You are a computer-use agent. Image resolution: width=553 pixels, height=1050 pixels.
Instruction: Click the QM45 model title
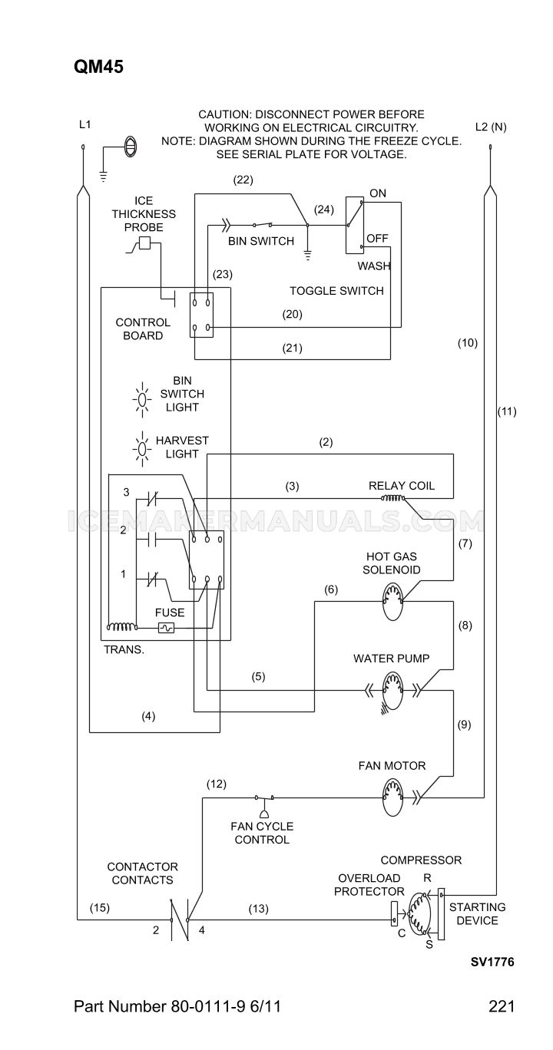click(98, 67)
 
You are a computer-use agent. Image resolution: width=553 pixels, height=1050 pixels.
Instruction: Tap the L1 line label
click(85, 124)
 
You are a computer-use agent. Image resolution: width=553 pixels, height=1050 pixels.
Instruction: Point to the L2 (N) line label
click(491, 127)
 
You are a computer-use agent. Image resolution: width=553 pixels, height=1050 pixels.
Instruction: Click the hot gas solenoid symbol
click(392, 602)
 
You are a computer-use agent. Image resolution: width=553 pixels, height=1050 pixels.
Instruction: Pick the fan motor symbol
click(392, 797)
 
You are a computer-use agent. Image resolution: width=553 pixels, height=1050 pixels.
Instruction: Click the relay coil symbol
click(392, 498)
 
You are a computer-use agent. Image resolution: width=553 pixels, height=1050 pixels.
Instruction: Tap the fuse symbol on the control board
click(166, 628)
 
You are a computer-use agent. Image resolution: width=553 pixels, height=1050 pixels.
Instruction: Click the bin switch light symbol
click(142, 400)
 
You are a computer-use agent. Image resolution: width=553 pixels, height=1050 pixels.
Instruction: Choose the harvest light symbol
click(142, 449)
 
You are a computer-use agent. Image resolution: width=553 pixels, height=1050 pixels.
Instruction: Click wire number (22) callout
click(243, 180)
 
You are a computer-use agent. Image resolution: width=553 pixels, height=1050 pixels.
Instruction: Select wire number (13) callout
click(258, 909)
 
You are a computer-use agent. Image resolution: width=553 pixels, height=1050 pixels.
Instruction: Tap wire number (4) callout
click(148, 716)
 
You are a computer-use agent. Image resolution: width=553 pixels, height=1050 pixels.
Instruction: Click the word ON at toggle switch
click(378, 193)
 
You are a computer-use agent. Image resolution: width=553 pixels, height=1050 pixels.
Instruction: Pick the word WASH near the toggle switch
click(374, 266)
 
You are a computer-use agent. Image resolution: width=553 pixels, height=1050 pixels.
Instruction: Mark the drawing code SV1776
click(492, 962)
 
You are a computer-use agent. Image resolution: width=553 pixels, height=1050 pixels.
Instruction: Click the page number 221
click(502, 1006)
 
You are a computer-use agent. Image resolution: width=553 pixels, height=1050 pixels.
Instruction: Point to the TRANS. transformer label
click(124, 649)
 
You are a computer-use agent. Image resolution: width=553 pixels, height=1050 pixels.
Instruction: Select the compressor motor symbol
click(419, 914)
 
